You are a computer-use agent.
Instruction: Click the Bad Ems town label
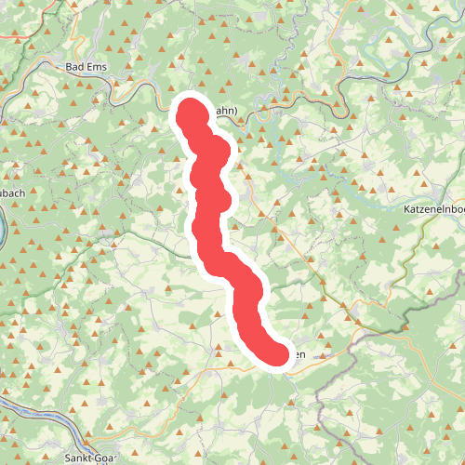(88, 67)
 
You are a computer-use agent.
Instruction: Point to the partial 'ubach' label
(12, 193)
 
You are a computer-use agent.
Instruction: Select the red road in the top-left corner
(19, 37)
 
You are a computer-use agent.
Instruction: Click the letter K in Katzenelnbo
(407, 210)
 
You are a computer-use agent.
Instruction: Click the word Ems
(99, 67)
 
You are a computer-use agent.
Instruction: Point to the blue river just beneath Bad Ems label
(93, 82)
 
